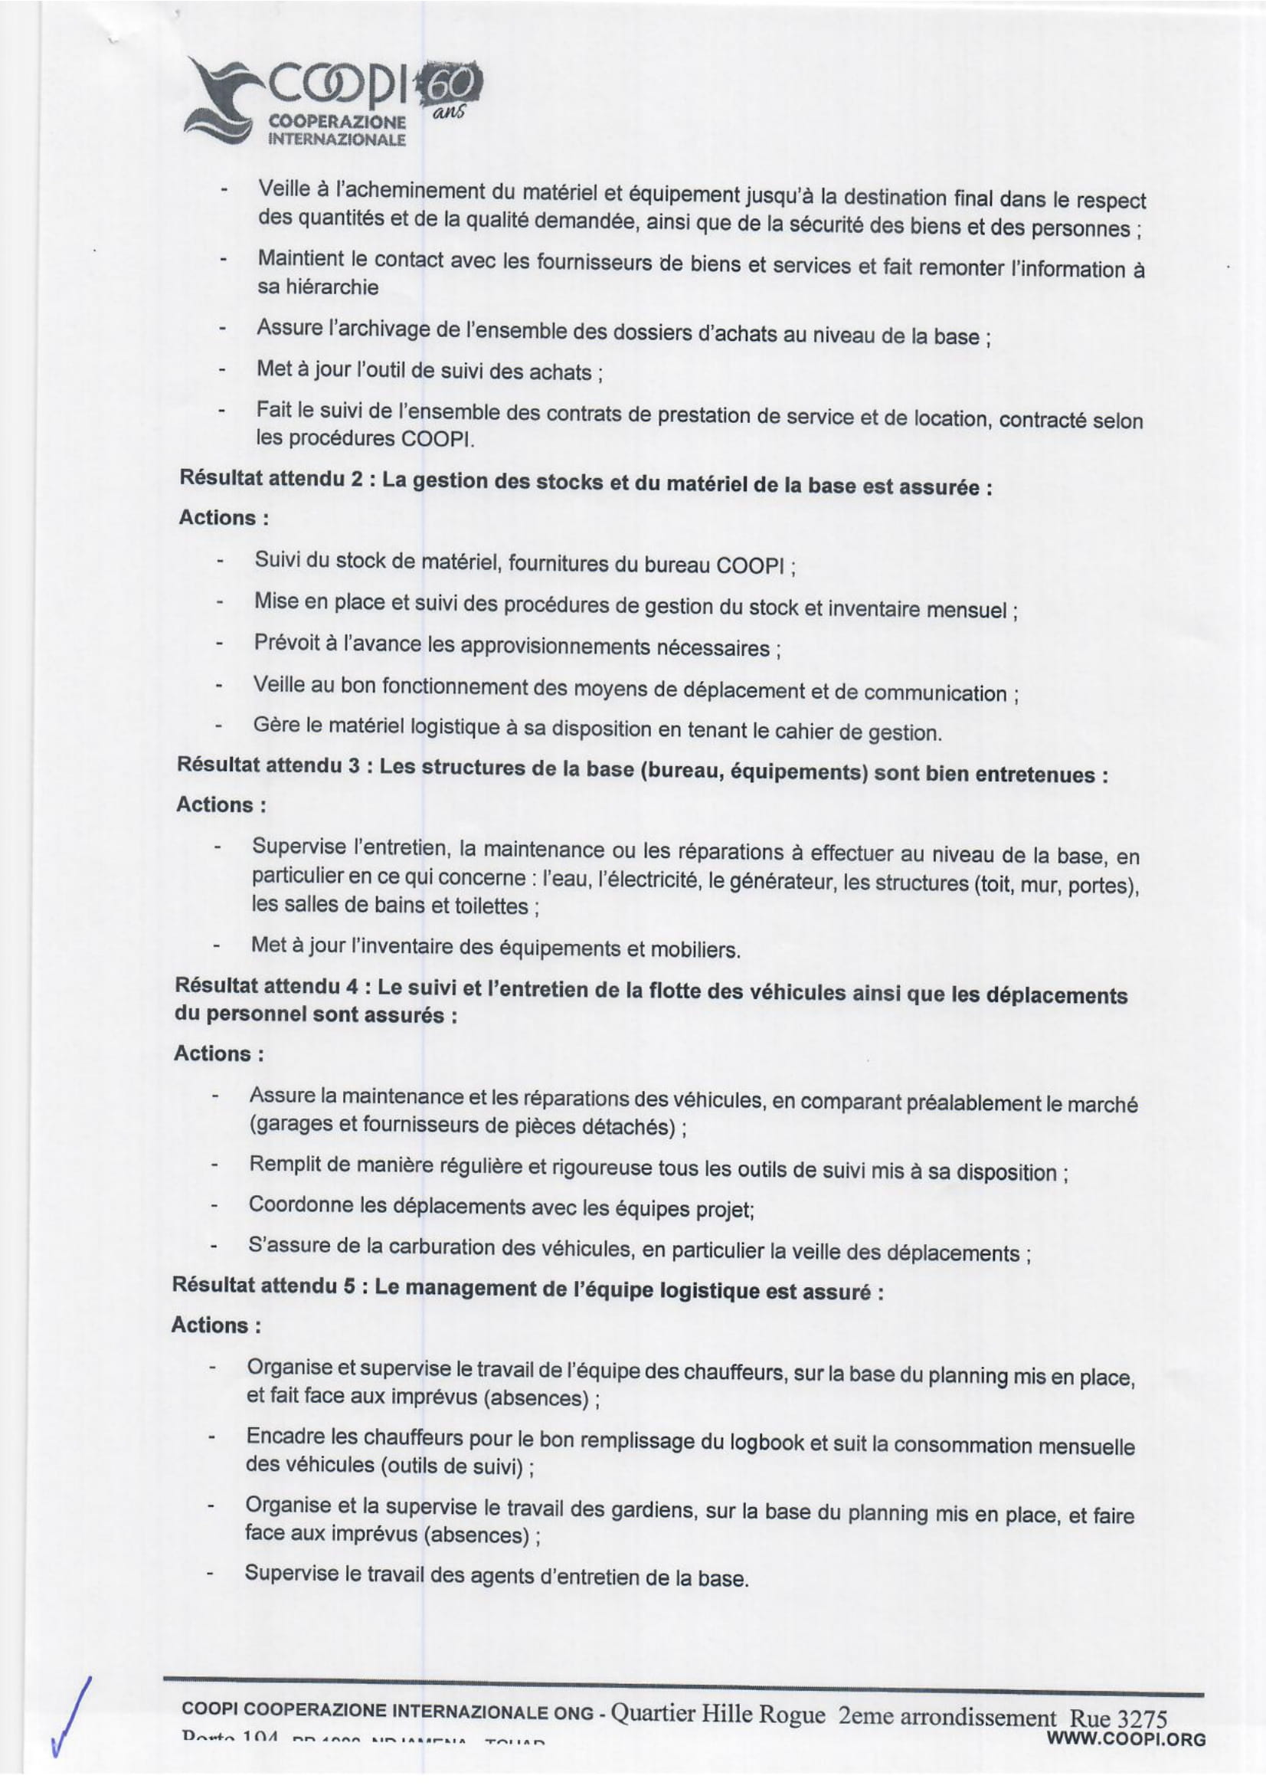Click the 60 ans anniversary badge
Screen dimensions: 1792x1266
point(451,84)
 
